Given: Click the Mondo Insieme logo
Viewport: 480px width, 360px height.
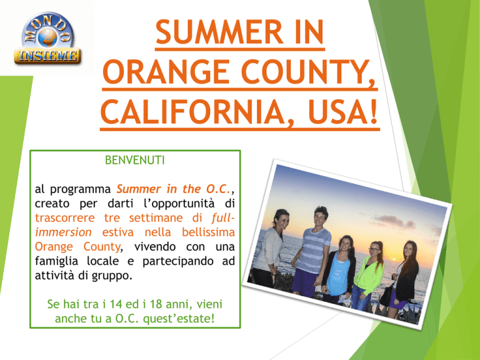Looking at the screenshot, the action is [47, 39].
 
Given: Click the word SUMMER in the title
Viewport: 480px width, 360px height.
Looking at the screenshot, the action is [219, 32].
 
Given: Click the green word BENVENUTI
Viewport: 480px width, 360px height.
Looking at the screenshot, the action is [135, 160].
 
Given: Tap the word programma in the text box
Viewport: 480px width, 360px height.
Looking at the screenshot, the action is [80, 190].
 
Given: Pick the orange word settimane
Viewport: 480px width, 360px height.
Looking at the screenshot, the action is [156, 218].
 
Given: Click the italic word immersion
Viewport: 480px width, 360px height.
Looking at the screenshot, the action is [63, 232].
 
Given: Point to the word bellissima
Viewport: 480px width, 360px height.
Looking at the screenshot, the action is [208, 232].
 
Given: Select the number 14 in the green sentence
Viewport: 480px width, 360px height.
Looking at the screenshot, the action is [116, 304].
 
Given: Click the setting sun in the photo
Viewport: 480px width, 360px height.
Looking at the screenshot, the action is [394, 260].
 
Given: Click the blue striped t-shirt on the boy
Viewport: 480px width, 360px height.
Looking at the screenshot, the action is [314, 250].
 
